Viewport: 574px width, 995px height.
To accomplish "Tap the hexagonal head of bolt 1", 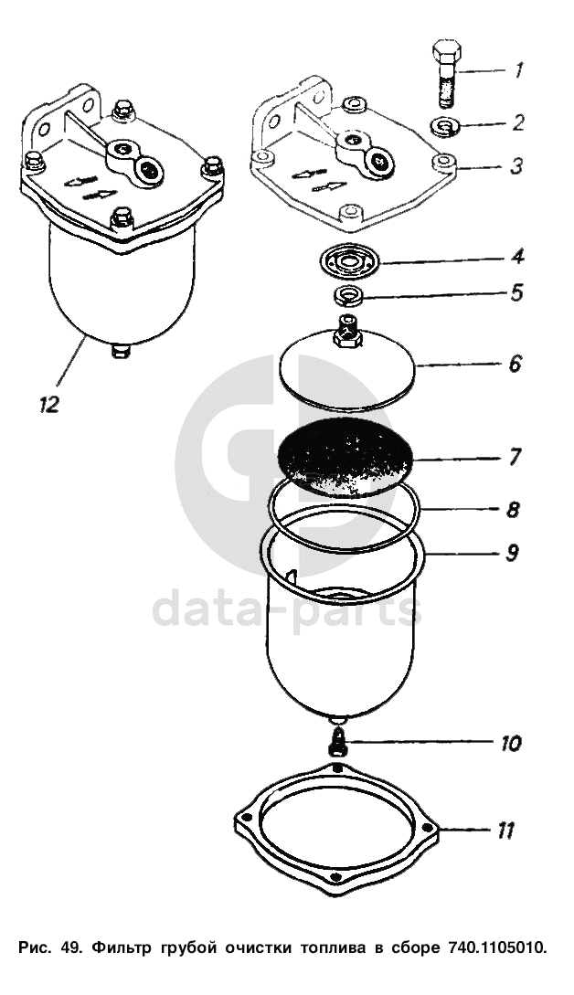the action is (447, 50).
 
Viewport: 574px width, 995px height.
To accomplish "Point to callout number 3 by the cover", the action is (517, 167).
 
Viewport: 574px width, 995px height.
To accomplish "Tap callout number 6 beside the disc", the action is (515, 365).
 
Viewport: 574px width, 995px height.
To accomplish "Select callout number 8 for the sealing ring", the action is (514, 510).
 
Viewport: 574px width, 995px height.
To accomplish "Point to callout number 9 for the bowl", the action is (514, 552).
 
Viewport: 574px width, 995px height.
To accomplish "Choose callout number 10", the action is (510, 743).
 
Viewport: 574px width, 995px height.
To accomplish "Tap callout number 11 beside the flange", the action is (506, 831).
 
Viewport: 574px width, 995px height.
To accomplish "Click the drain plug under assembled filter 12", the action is (120, 350).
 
